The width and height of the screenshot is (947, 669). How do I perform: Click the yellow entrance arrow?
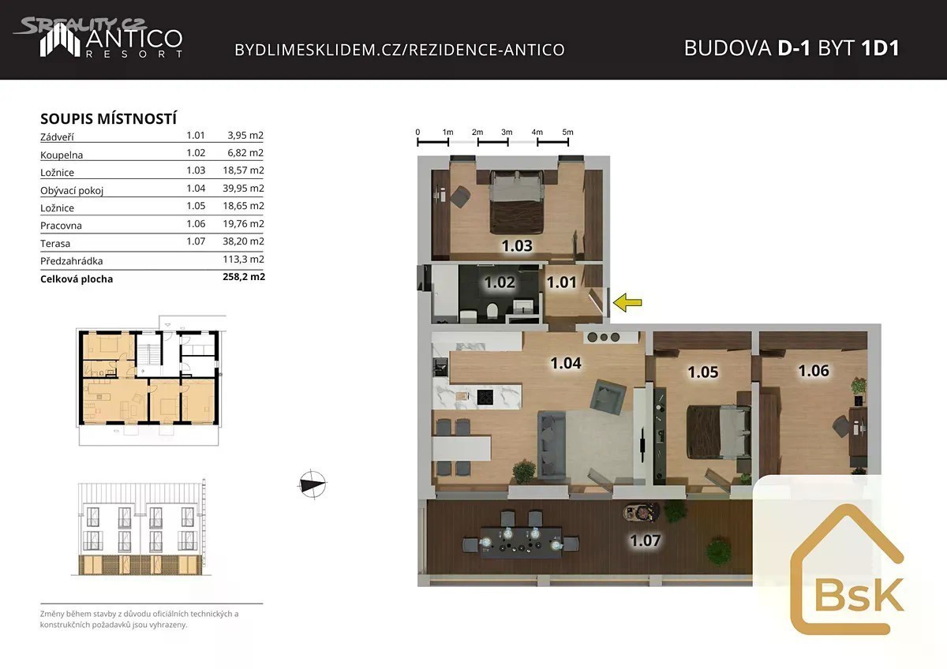pos(627,303)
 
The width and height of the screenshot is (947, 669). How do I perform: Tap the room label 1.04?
pos(566,363)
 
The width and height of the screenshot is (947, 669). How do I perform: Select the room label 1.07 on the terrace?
pos(646,540)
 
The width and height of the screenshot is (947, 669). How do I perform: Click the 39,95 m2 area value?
pos(243,188)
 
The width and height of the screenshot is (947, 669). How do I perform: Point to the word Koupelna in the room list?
pos(62,155)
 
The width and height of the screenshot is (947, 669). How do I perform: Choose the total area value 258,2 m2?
pos(244,277)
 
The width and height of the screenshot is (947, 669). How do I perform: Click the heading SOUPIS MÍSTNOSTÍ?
pos(109,119)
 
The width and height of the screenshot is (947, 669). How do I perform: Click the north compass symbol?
pos(313,484)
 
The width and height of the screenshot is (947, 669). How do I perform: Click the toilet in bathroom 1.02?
pos(492,310)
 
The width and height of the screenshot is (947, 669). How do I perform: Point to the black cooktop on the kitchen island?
pos(485,397)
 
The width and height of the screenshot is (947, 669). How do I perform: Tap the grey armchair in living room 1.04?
pos(608,396)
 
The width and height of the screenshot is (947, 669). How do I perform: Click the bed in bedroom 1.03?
pos(516,202)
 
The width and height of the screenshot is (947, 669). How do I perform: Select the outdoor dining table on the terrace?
pos(522,543)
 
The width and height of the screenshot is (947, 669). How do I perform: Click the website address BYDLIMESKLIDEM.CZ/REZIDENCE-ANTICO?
pos(399,50)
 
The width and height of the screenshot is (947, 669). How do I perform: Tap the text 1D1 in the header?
pos(880,48)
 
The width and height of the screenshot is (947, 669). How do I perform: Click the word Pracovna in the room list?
pos(61,226)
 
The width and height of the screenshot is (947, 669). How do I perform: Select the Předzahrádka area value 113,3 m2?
pos(244,259)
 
